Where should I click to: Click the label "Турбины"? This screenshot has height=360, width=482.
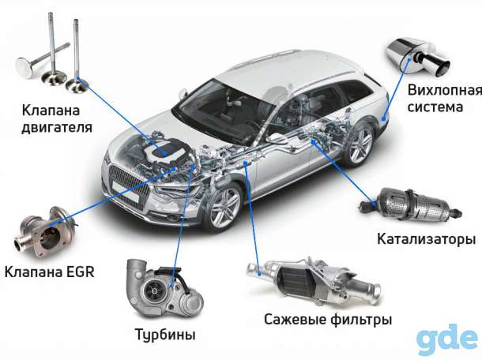(x=165, y=335)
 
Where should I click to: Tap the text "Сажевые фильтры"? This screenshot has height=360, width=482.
(x=328, y=320)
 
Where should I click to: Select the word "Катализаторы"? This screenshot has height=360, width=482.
(x=427, y=239)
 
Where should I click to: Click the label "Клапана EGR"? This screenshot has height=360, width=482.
(x=49, y=272)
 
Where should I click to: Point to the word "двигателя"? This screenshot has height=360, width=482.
(x=57, y=127)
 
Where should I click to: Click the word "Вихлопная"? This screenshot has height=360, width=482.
(x=445, y=90)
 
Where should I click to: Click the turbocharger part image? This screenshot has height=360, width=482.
(x=165, y=289)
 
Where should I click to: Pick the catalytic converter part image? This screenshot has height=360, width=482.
(x=411, y=205)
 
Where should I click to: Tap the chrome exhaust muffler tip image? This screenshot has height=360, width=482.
(x=418, y=57)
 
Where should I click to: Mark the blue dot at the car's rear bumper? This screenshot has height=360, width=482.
(x=383, y=118)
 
